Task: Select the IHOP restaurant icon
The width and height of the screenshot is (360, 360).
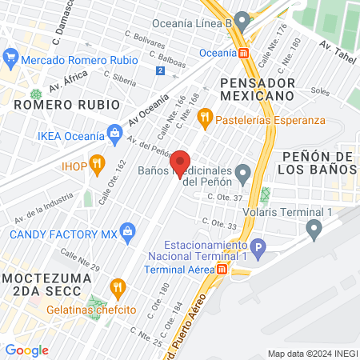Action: click(97, 164)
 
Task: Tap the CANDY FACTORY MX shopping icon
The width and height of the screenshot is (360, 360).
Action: click(126, 234)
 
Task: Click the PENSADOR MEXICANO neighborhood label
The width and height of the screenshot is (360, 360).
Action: click(258, 89)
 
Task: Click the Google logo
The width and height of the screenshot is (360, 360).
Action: click(26, 350)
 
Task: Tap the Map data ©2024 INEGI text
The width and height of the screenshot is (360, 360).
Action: click(311, 354)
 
